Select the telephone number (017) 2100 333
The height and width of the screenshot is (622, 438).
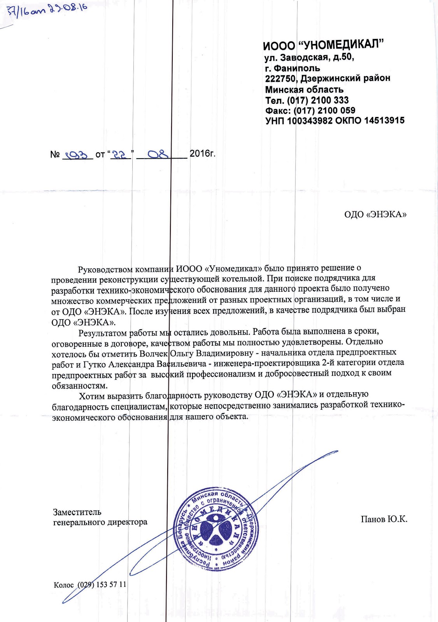coord(317,100)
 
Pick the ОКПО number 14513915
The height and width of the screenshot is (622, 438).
coord(384,121)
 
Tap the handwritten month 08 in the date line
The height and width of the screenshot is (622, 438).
coord(157,154)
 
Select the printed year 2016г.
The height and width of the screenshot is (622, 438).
coord(202,154)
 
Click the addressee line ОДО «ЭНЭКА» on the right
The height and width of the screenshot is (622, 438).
coord(375,215)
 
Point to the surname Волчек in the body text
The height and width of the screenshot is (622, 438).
coord(154,354)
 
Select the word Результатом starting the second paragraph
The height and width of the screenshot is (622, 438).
coord(103,333)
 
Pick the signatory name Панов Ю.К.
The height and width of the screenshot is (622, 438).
coord(384,519)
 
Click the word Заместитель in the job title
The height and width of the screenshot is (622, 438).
coord(77,512)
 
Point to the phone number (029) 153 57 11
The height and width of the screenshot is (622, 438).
coord(102,585)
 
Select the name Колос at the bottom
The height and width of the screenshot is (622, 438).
coord(64,585)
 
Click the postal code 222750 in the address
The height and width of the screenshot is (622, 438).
coord(280,79)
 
